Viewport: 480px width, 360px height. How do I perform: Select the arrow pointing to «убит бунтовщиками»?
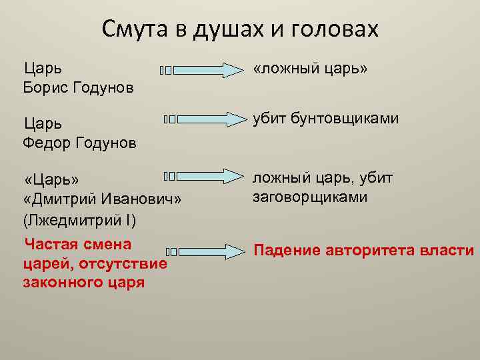(x=213, y=119)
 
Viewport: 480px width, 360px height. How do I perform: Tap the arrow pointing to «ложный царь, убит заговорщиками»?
(x=213, y=176)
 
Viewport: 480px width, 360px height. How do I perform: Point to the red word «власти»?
(x=451, y=251)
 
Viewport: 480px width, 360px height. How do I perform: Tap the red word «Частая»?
(x=51, y=243)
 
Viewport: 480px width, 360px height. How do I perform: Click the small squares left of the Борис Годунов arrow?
(x=166, y=70)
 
